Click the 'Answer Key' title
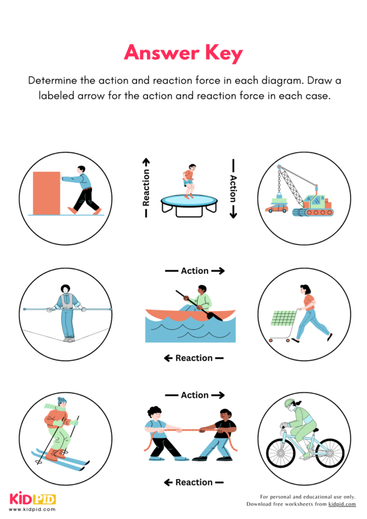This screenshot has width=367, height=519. (183, 53)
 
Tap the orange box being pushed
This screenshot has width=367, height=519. (46, 193)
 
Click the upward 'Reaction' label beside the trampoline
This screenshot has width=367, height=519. (146, 188)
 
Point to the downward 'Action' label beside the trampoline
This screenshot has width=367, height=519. (233, 188)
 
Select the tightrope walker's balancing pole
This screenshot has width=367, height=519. (66, 308)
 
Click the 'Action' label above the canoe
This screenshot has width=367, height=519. (195, 271)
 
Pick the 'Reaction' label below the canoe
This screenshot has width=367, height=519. (193, 358)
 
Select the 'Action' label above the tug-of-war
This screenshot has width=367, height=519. (195, 396)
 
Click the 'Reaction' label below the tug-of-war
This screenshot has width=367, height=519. (193, 483)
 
